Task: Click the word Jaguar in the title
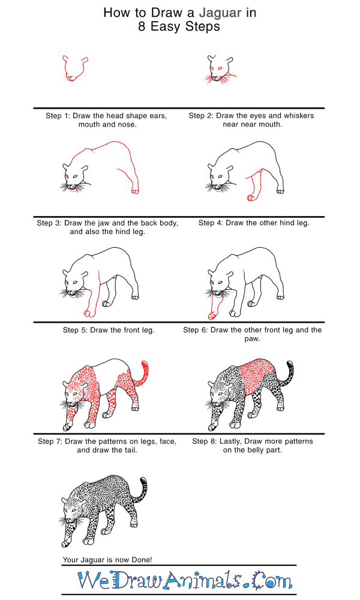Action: point(220,13)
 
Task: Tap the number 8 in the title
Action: point(142,27)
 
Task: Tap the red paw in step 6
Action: point(212,316)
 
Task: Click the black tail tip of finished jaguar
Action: point(144,481)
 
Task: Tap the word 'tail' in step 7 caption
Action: point(130,450)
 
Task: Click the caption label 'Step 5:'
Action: point(76,330)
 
